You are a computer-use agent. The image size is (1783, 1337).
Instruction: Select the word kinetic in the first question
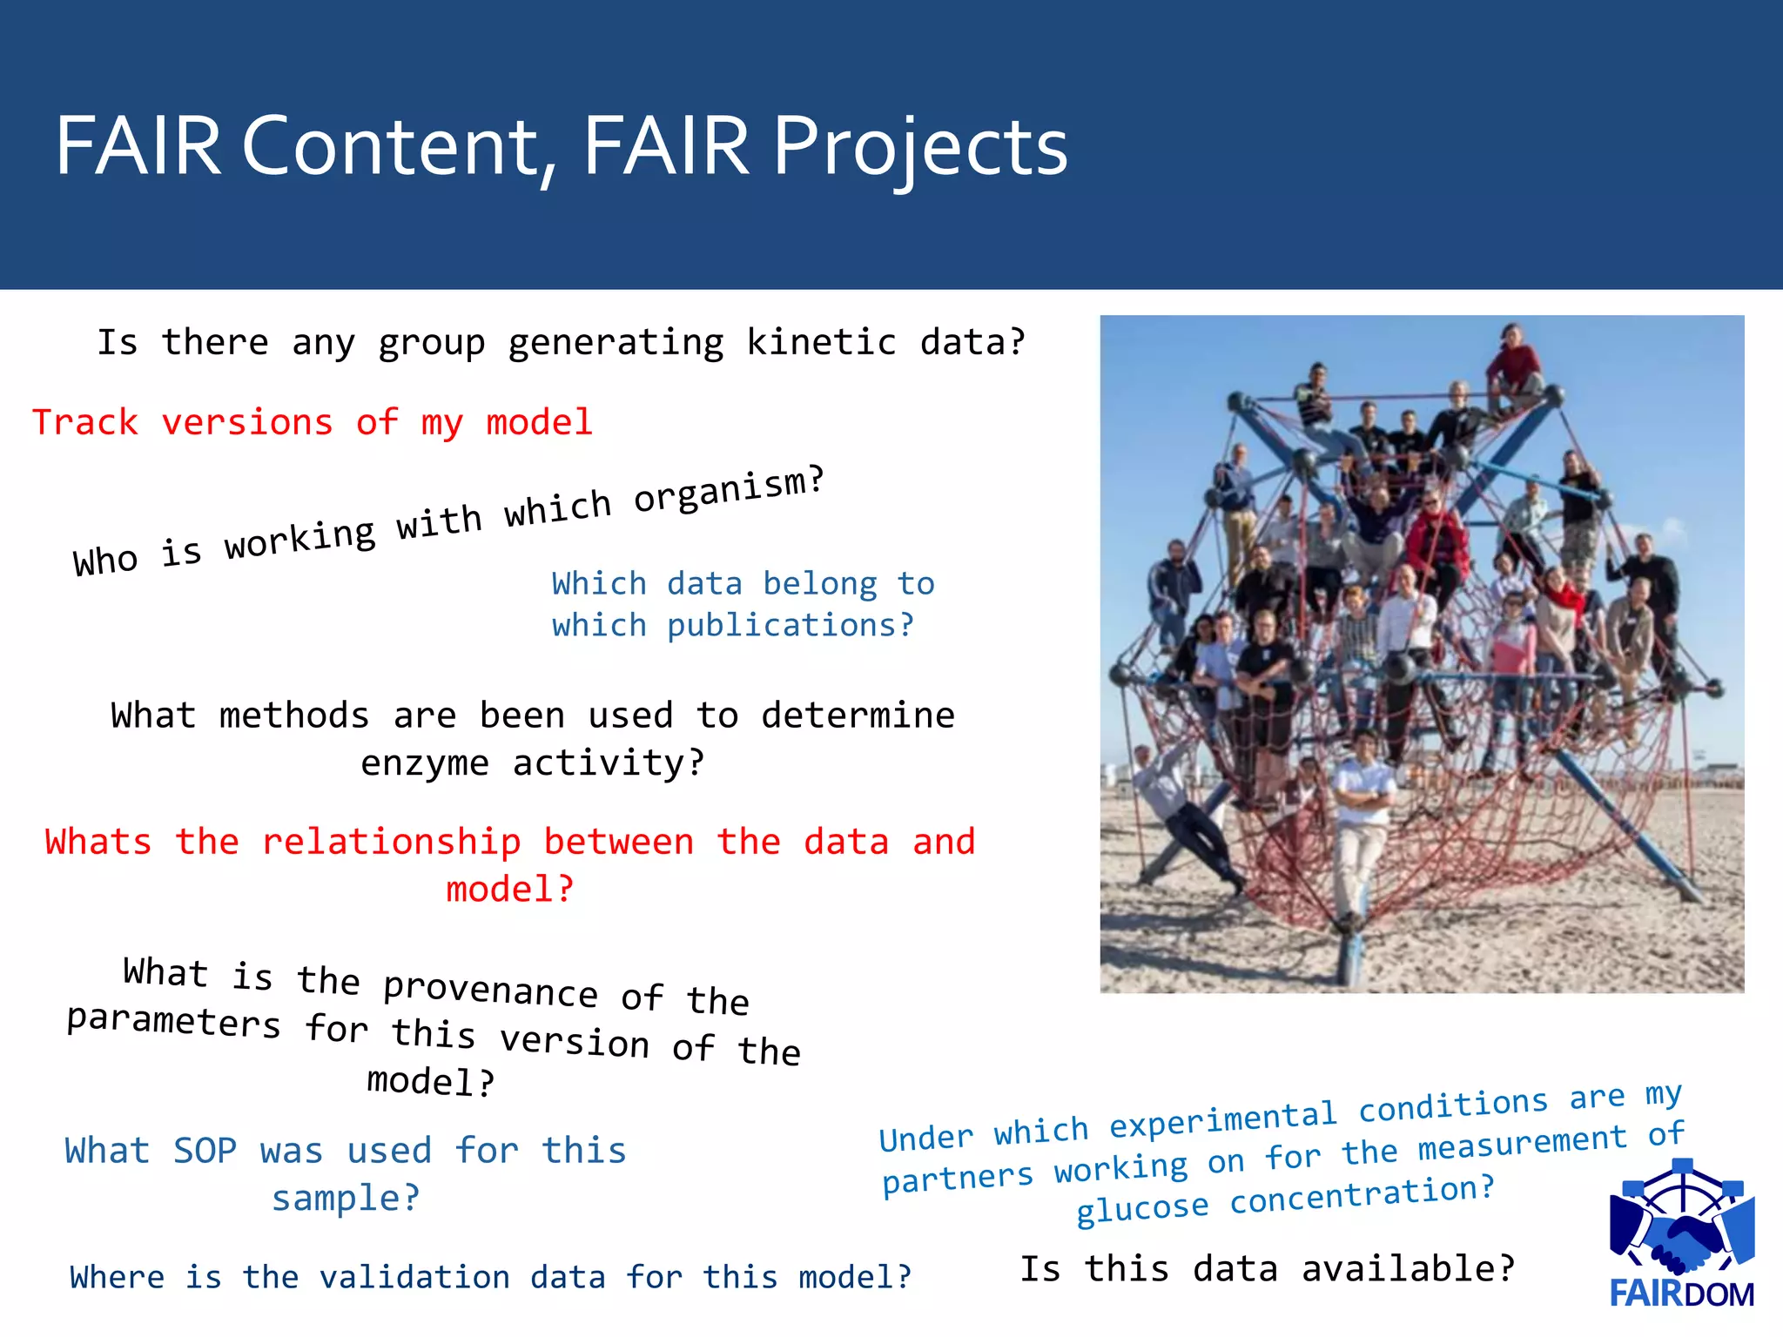pos(821,342)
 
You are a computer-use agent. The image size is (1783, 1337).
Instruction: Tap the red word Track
pos(84,423)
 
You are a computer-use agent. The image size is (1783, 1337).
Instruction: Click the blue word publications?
pos(791,626)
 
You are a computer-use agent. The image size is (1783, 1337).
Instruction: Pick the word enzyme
pos(424,763)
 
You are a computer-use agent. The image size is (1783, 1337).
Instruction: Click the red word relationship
pos(391,842)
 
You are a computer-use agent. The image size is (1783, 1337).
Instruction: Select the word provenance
pos(490,990)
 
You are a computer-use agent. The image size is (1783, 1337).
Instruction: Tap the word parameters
pos(173,1021)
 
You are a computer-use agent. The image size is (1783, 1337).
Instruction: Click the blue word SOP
pos(205,1151)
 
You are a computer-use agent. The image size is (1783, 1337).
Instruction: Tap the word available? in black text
pos(1408,1268)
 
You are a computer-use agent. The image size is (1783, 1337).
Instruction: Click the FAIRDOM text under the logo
pos(1681,1294)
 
